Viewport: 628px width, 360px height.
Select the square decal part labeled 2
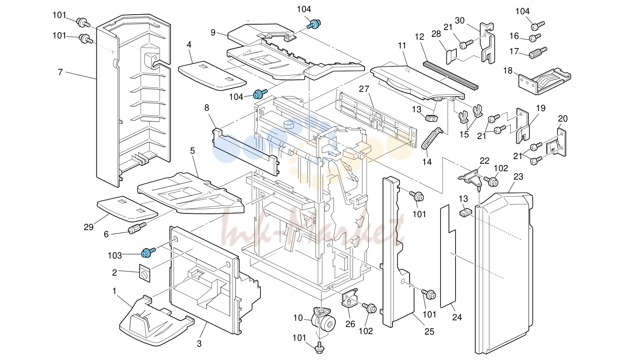(x=144, y=273)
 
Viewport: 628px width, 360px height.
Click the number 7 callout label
(x=60, y=72)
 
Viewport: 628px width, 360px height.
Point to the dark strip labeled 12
(x=451, y=76)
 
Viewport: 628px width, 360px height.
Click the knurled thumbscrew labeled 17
(x=538, y=53)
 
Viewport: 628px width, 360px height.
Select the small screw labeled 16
(x=535, y=37)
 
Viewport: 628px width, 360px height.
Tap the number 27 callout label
(x=364, y=89)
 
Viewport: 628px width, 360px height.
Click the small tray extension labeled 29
(x=127, y=209)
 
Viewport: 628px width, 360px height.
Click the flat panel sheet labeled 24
(x=448, y=256)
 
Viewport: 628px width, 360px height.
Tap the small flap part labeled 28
(x=451, y=56)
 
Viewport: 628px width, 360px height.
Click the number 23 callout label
(x=518, y=177)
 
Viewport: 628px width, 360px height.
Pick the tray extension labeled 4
(x=212, y=76)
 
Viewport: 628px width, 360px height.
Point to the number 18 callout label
(x=508, y=71)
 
